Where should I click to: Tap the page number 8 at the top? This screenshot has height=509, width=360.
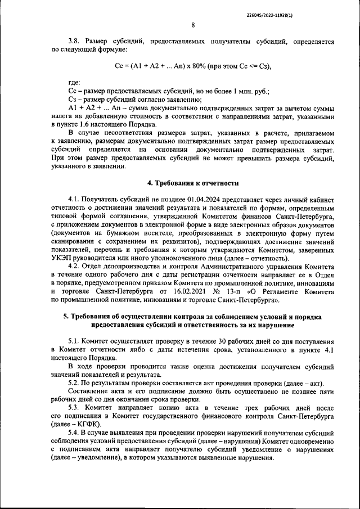tap(193, 25)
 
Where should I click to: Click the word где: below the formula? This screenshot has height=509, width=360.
tap(74, 82)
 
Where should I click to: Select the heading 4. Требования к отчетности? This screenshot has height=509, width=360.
tap(193, 183)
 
